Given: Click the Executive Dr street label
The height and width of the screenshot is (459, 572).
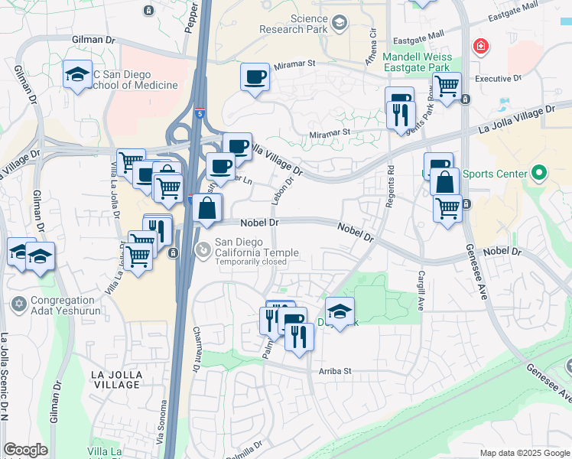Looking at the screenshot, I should [498, 78].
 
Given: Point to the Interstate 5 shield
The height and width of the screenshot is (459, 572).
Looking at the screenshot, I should [200, 114].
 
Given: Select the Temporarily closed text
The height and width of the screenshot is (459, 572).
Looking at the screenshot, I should [250, 262].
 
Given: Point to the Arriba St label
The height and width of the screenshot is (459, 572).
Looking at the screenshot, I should [334, 371].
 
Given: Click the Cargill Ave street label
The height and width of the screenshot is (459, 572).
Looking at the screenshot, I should [421, 290].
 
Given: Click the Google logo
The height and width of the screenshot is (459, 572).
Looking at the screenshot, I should [25, 450].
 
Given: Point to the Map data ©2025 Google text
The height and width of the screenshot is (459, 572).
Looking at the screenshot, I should [525, 453].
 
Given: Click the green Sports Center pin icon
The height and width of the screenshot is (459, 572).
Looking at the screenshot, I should [541, 174].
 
